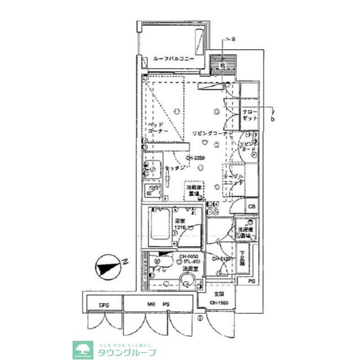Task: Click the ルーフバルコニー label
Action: point(173,58)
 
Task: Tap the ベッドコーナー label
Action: point(156,128)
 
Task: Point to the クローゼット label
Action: point(250,115)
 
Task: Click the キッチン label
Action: point(175,168)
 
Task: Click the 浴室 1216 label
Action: point(181,224)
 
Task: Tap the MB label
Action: point(151,305)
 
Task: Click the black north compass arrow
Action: point(107,266)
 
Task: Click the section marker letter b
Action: point(272,119)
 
